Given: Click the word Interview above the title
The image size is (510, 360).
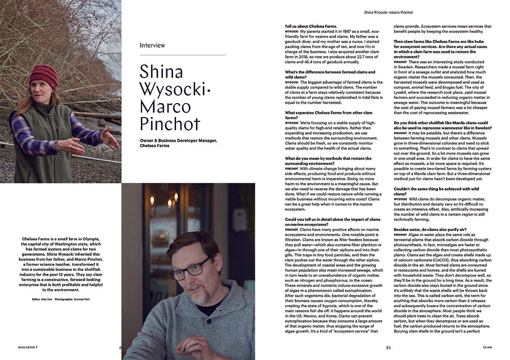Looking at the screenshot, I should [x=153, y=45].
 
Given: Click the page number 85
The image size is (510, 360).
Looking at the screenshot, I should [x=388, y=348].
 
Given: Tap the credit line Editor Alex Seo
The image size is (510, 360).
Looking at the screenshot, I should [x=43, y=299].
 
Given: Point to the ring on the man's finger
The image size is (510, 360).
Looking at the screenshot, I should [x=197, y=342].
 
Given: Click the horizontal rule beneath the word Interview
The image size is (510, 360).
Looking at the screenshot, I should [x=182, y=55].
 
